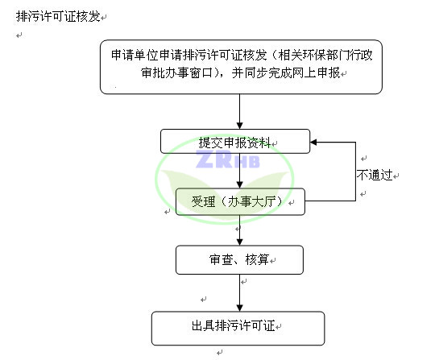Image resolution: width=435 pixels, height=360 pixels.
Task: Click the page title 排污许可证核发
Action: (58, 16)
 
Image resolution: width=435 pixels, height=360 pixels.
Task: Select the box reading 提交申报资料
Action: (235, 141)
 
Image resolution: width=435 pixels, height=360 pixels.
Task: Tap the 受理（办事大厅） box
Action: (240, 201)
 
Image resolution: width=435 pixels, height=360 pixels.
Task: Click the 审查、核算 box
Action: (239, 260)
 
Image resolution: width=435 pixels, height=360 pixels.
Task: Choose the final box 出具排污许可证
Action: (238, 329)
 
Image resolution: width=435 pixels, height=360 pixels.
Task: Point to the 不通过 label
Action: (375, 175)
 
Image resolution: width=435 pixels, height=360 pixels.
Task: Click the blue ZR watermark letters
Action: (214, 159)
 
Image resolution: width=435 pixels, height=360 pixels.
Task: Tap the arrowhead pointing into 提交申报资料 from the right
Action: (313, 143)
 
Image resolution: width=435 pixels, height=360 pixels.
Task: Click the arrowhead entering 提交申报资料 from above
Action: (240, 126)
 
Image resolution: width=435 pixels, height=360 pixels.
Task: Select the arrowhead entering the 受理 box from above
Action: (240, 185)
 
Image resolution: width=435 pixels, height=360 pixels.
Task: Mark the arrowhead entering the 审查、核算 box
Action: (240, 242)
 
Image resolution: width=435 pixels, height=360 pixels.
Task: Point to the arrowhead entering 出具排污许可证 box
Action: (240, 308)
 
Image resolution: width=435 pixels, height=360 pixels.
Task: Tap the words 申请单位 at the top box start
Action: (135, 55)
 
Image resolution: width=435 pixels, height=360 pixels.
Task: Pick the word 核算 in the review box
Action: (257, 259)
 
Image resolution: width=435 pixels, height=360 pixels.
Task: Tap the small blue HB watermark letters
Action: (247, 162)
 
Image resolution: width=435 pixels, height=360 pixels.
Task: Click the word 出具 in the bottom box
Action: (203, 325)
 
